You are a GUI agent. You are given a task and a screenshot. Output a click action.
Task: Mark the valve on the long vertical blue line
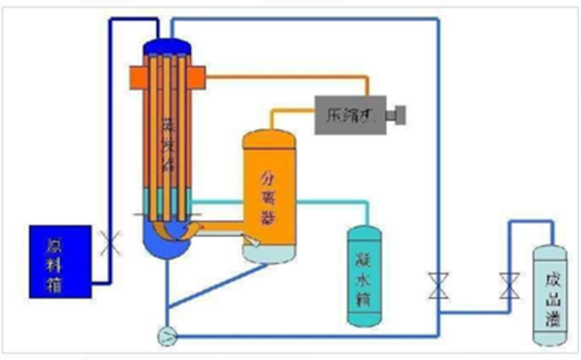438,285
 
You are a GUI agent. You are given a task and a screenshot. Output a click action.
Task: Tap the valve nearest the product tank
509,285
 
